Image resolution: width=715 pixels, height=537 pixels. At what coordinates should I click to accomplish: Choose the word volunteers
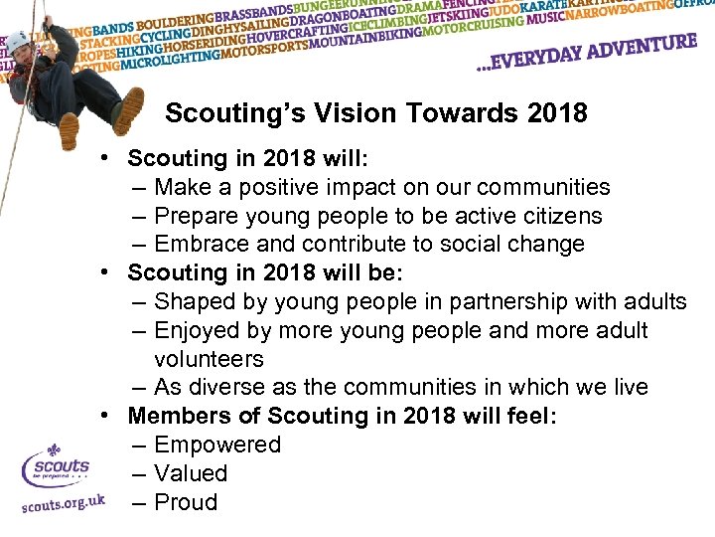pyautogui.click(x=209, y=359)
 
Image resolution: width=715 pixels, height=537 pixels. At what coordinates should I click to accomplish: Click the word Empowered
pyautogui.click(x=217, y=445)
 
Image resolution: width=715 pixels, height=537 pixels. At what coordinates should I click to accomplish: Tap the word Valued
pyautogui.click(x=191, y=473)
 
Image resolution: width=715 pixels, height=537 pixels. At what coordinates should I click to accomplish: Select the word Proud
pyautogui.click(x=186, y=502)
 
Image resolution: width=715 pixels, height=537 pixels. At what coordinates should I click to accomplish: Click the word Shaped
pyautogui.click(x=193, y=301)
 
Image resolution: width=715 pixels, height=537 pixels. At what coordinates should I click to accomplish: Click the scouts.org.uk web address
pyautogui.click(x=62, y=504)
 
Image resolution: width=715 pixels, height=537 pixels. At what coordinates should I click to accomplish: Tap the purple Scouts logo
pyautogui.click(x=56, y=466)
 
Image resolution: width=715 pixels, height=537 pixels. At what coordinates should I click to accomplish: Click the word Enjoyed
pyautogui.click(x=196, y=330)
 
